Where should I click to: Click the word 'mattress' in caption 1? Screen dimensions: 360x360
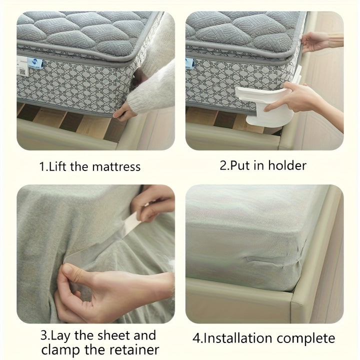(x=116, y=166)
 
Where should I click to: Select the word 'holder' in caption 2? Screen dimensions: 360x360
(x=287, y=165)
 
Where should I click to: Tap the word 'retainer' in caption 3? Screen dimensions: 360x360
(x=134, y=350)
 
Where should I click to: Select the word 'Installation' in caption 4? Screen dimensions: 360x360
(x=238, y=338)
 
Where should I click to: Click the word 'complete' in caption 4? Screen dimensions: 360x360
(x=306, y=339)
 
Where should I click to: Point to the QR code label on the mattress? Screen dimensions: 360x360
(x=22, y=72)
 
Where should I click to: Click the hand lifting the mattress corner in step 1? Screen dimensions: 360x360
(x=124, y=112)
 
